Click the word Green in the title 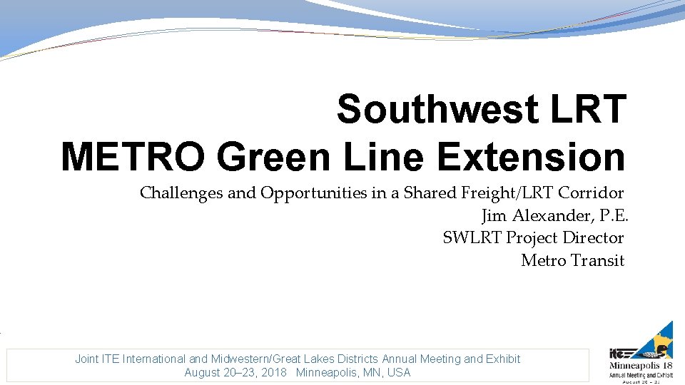(275, 158)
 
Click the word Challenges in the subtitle (181, 192)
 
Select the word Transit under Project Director (598, 261)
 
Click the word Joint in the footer (88, 359)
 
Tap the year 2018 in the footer (275, 373)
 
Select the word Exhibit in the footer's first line (503, 359)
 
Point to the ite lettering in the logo (619, 353)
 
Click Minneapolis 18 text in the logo (640, 366)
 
